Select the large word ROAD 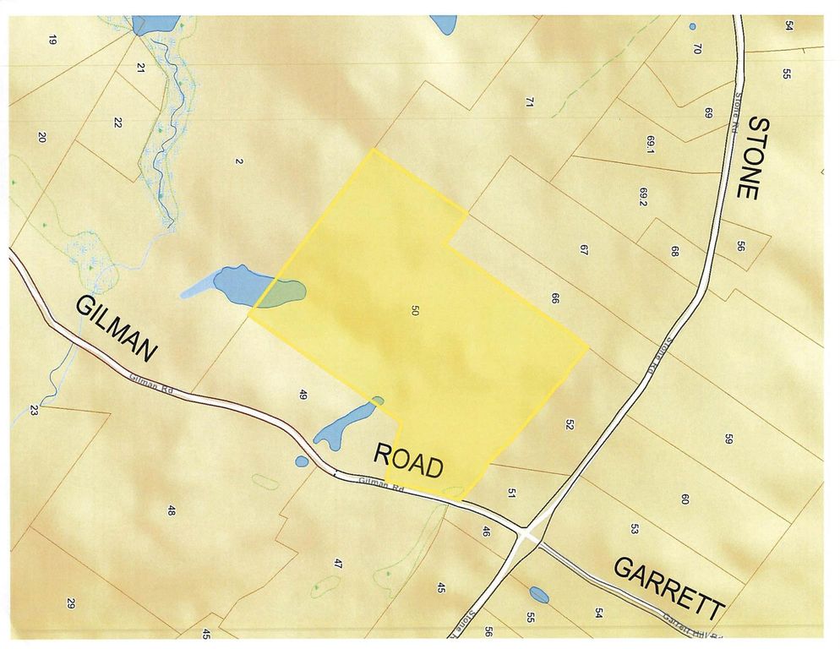click(409, 461)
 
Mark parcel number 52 click(570, 425)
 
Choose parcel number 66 click(555, 298)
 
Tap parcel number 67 click(583, 249)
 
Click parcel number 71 click(530, 102)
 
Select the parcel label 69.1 click(651, 145)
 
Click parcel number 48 click(171, 510)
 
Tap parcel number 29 click(71, 603)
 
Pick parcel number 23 click(34, 411)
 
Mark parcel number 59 click(728, 439)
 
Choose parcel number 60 click(685, 499)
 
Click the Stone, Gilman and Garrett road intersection click(527, 536)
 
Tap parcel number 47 click(338, 564)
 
